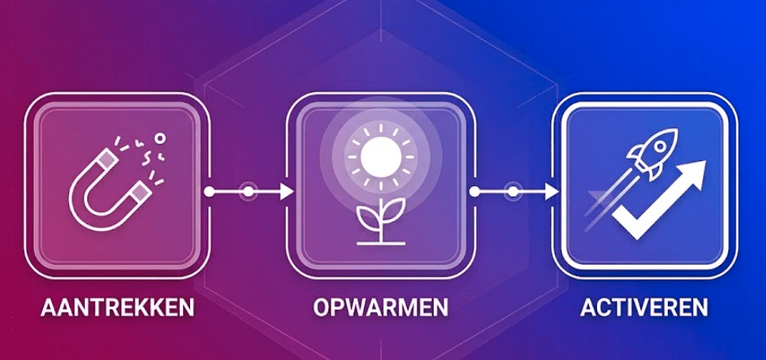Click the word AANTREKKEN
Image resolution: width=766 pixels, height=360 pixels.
117,307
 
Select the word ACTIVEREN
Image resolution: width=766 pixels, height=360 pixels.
644,307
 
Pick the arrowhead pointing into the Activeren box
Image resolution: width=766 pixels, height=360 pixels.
552,191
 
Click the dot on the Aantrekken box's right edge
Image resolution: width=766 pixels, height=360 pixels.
209,191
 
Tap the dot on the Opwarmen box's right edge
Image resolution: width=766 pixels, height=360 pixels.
474,191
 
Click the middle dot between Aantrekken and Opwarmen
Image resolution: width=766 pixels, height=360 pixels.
248,191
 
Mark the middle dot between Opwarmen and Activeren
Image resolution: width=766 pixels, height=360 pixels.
514,191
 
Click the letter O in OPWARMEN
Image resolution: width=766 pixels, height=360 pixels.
321,307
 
